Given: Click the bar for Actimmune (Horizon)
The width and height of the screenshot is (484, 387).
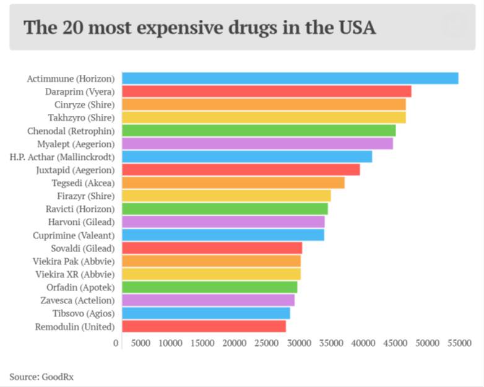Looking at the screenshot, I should point(290,78).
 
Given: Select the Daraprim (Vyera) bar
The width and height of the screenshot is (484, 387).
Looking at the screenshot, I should point(266,91).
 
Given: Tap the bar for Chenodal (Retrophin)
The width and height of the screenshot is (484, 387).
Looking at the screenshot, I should point(258,130).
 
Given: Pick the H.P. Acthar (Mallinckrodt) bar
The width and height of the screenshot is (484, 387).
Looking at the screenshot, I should point(246,157).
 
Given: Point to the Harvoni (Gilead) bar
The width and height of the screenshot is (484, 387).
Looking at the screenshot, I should point(223,222).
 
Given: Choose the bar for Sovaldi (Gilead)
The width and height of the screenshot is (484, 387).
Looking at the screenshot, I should point(212,248).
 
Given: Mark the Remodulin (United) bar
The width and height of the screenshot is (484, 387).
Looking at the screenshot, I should point(204,326).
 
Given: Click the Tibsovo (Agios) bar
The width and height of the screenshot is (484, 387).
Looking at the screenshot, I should point(205,313).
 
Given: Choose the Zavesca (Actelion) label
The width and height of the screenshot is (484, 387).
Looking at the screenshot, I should point(77,300).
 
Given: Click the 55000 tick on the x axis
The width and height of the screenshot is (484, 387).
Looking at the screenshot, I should point(458,342).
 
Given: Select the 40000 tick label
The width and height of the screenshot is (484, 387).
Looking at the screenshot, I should point(363,342).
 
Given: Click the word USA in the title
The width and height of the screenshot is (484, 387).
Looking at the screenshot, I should point(355,28).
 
